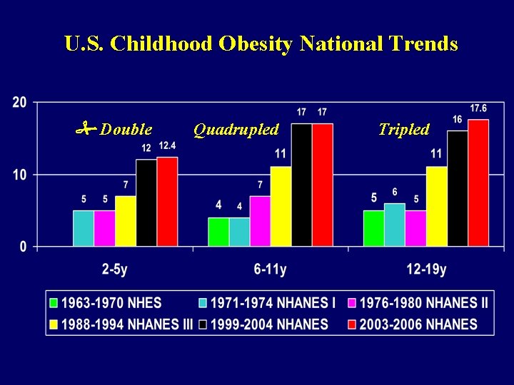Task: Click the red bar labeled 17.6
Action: pos(478,183)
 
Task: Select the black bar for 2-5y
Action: pos(146,203)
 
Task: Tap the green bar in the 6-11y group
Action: pos(218,232)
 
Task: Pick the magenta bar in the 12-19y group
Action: pos(415,228)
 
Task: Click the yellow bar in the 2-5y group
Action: pos(126,221)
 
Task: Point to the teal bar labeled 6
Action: pos(395,225)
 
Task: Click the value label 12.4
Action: pos(167,145)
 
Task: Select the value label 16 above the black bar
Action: pos(458,120)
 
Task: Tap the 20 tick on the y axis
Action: pos(19,103)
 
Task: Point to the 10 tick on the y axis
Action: pos(19,175)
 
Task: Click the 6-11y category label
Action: pos(270,269)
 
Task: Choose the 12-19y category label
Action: pos(426,269)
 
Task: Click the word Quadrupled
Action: pos(236,130)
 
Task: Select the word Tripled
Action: pos(404,129)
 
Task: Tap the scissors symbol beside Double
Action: pos(86,128)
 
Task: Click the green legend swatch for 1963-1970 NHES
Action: pos(53,303)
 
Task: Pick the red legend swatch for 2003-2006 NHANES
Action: pos(351,325)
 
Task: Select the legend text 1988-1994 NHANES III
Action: pos(127,324)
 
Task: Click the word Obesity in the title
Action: pos(256,44)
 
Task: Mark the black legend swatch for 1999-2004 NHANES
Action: pos(203,325)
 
